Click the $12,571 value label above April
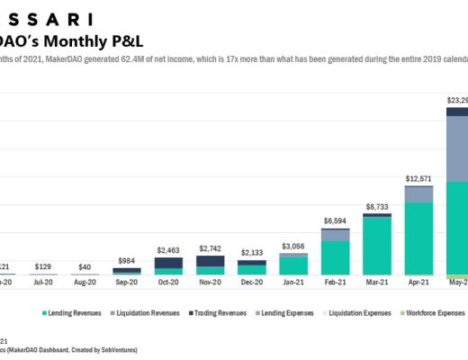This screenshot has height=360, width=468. click(418, 178)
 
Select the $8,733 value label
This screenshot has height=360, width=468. click(377, 206)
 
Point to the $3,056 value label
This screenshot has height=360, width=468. click(293, 245)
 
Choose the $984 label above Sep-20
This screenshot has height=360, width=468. click(127, 261)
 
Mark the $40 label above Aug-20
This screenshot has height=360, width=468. click(85, 267)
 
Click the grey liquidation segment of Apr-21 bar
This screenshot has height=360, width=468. click(418, 193)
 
